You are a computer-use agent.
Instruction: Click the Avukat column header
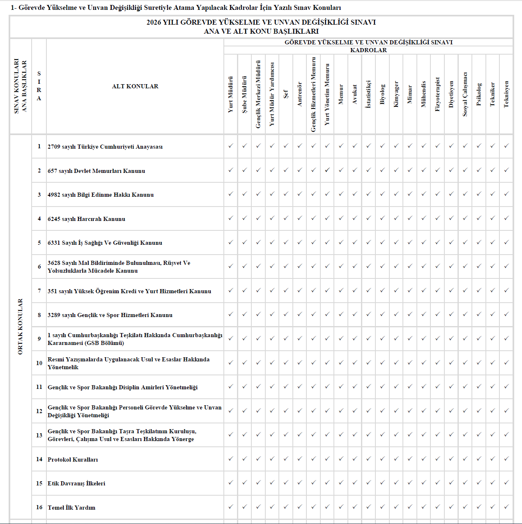[355, 94]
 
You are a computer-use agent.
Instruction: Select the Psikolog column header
[479, 94]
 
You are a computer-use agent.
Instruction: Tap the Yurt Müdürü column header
[231, 94]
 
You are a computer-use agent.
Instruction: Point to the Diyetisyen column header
[451, 94]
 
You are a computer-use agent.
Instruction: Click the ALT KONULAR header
[135, 86]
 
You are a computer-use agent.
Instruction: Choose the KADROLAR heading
[368, 50]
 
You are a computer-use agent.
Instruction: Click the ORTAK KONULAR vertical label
[21, 326]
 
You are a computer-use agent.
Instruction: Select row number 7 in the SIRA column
[39, 291]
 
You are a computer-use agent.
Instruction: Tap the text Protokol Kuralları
[73, 460]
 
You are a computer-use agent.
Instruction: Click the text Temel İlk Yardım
[71, 508]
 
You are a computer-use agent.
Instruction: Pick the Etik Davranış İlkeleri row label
[76, 483]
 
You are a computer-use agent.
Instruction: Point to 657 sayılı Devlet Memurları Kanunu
[96, 171]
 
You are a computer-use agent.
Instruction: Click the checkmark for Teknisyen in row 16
[506, 507]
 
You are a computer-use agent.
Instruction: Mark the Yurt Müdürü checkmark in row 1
[231, 146]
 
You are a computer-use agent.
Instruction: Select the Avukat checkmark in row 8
[355, 314]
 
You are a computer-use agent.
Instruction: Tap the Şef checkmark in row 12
[286, 410]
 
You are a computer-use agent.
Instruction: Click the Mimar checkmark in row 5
[410, 242]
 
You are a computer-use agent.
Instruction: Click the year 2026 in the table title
[154, 22]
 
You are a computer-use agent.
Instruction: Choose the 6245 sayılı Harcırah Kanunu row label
[86, 219]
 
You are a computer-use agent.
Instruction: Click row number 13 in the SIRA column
[39, 435]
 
